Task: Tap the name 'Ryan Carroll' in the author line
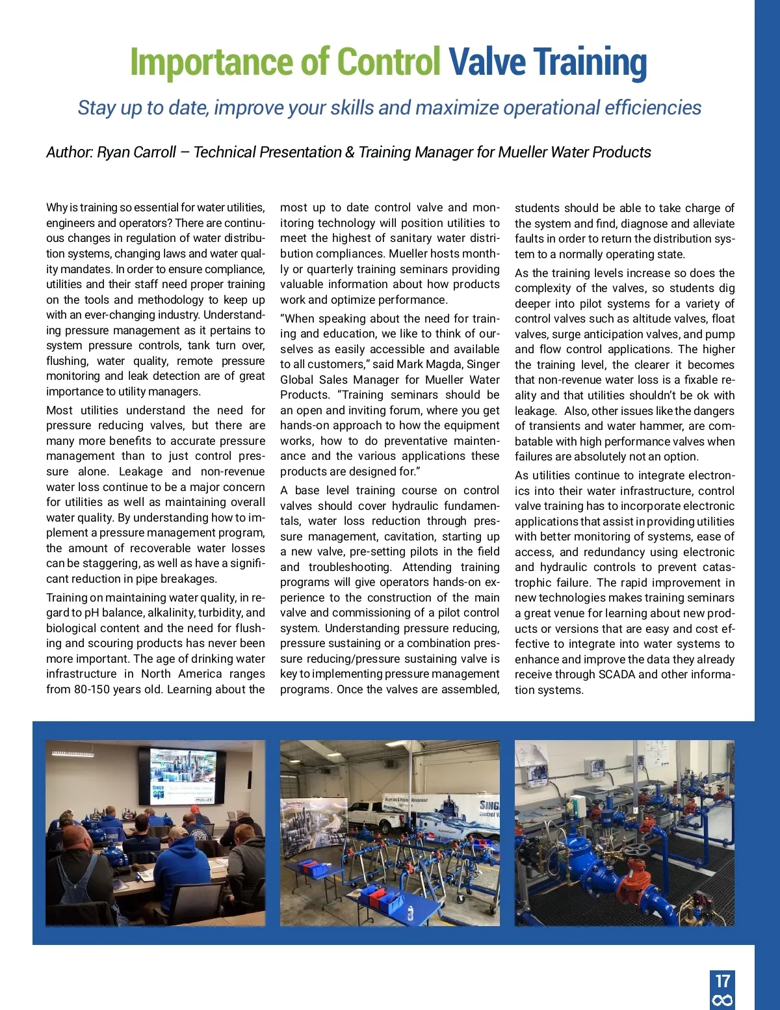(x=136, y=152)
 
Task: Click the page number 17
(x=723, y=981)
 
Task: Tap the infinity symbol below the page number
(x=723, y=1000)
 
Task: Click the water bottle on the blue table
(x=410, y=913)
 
